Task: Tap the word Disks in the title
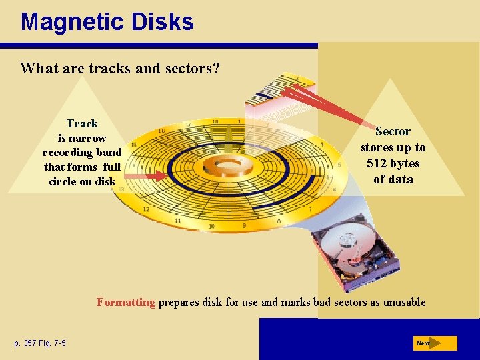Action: (x=163, y=22)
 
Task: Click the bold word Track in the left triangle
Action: (x=82, y=123)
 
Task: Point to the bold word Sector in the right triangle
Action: (x=393, y=131)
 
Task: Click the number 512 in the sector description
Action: (x=378, y=163)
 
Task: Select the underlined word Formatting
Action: (x=125, y=302)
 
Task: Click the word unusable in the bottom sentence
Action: (x=402, y=302)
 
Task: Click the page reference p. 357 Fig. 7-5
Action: (x=39, y=343)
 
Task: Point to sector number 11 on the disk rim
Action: (x=177, y=220)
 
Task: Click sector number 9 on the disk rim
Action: (x=244, y=226)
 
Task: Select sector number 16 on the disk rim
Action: (x=161, y=131)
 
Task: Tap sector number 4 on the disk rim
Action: (x=321, y=144)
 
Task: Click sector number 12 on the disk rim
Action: (x=145, y=209)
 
